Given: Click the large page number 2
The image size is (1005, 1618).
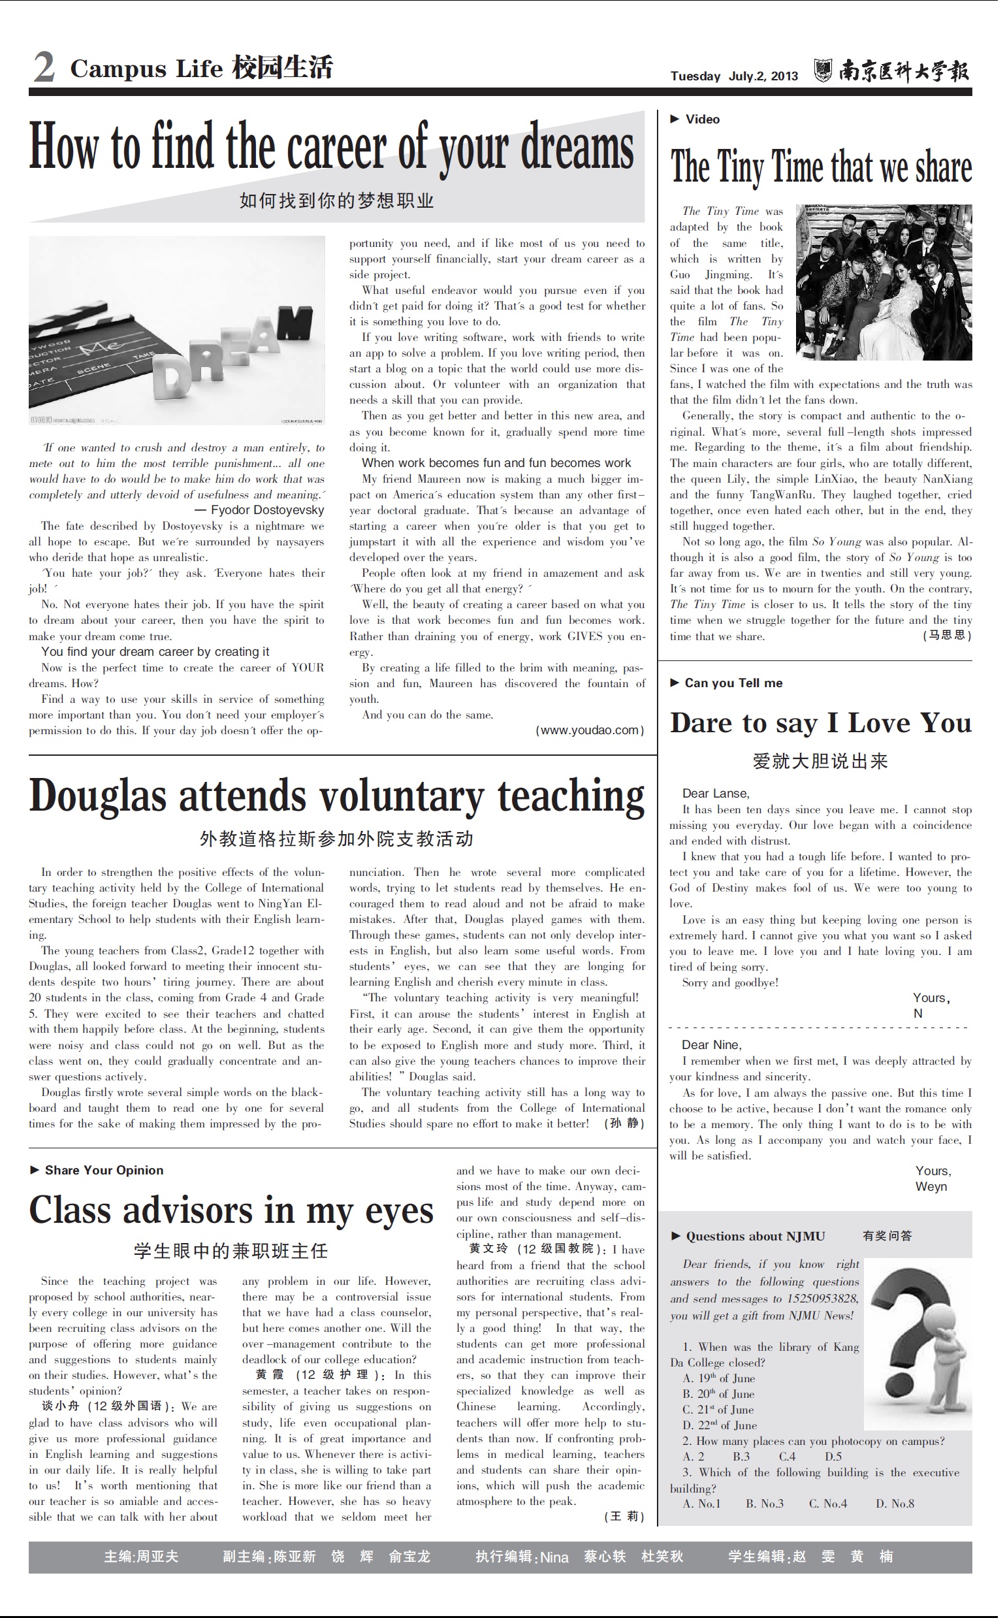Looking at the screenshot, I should [44, 68].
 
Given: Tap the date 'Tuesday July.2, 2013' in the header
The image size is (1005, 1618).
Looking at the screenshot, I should [734, 76].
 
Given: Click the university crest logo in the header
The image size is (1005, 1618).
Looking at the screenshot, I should [823, 71].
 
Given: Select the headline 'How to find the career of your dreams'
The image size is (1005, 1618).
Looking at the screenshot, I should [331, 148].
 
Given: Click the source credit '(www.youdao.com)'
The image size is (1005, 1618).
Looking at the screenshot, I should [590, 730].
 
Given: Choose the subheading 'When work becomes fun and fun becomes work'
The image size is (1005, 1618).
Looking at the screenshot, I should [496, 463].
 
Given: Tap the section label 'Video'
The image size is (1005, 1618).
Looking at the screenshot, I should [703, 120].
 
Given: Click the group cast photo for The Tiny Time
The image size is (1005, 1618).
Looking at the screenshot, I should [884, 283].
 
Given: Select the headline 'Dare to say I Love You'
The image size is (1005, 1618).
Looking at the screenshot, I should [820, 723].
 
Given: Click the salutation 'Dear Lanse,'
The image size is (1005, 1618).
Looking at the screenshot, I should [715, 794].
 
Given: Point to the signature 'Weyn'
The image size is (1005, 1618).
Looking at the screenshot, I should [931, 1188].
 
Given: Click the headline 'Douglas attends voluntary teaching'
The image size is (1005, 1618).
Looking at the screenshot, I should [336, 796].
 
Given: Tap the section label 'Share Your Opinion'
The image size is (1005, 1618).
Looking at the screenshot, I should [104, 1171].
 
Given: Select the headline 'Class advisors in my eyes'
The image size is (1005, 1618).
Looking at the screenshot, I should [231, 1210].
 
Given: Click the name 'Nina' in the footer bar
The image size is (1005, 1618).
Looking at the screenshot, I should [554, 1557].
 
